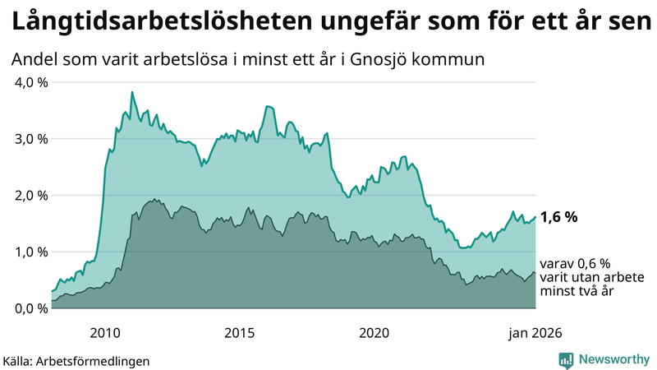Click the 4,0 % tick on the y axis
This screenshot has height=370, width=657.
[x=29, y=82]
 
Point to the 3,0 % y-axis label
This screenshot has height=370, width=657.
[x=29, y=139]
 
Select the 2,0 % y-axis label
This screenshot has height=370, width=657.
[x=29, y=196]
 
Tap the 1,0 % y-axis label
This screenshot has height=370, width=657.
[x=29, y=252]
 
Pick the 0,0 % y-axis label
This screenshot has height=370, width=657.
[x=29, y=308]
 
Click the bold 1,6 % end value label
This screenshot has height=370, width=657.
[x=559, y=218]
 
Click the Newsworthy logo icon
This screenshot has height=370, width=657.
[x=566, y=359]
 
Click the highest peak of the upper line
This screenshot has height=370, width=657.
[x=132, y=92]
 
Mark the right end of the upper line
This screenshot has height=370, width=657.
[x=535, y=218]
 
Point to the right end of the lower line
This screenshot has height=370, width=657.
[x=535, y=273]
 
